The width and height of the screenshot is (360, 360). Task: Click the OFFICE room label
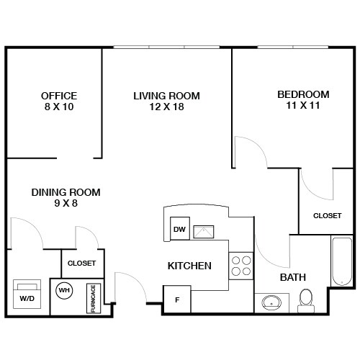(59, 96)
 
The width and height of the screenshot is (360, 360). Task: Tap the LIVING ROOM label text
(166, 96)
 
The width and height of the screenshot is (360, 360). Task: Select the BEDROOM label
(303, 94)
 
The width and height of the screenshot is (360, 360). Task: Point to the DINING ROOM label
(66, 192)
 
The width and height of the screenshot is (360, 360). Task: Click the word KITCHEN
(189, 266)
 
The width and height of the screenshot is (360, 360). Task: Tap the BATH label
(293, 276)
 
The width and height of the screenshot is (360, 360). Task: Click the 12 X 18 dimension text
(166, 107)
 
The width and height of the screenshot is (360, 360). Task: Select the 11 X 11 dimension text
(303, 105)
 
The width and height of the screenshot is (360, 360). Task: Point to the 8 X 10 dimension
(59, 107)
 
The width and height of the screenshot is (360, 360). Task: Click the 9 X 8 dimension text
(66, 204)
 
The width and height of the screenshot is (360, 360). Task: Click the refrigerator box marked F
(177, 299)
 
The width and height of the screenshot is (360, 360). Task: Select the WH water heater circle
(64, 291)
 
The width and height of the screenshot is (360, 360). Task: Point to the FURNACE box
(93, 298)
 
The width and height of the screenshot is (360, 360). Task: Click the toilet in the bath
(306, 299)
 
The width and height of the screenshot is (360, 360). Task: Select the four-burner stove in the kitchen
(241, 266)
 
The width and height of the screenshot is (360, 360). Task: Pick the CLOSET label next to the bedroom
(327, 215)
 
